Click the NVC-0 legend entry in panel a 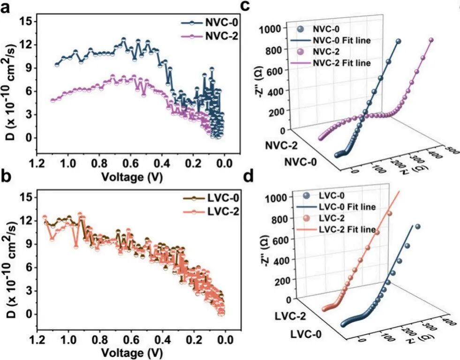click(216, 22)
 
